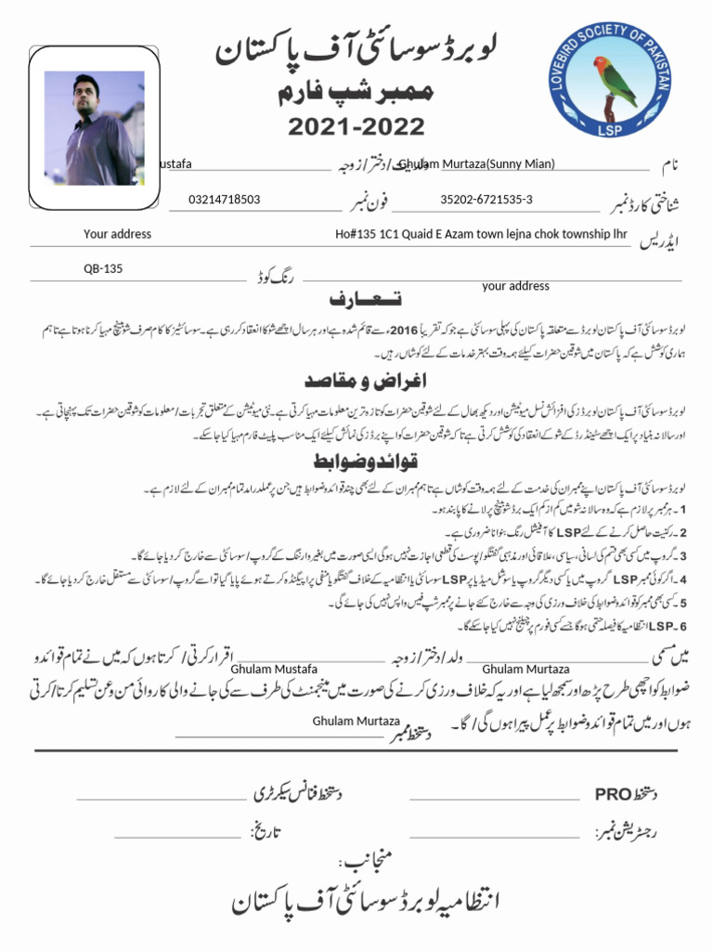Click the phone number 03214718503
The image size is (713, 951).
pyautogui.click(x=224, y=200)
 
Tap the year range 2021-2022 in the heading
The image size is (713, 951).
pyautogui.click(x=356, y=127)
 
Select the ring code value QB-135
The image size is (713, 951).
pyautogui.click(x=103, y=268)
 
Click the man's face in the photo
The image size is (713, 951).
pyautogui.click(x=86, y=95)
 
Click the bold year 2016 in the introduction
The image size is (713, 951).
pyautogui.click(x=404, y=330)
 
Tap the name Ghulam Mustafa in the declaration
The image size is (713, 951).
pyautogui.click(x=274, y=669)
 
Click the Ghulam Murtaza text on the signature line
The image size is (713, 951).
pyautogui.click(x=356, y=721)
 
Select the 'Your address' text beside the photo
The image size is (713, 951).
pyautogui.click(x=117, y=234)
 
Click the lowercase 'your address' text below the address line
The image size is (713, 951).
pyautogui.click(x=515, y=286)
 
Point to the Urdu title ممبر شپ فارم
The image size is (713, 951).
pyautogui.click(x=356, y=95)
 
